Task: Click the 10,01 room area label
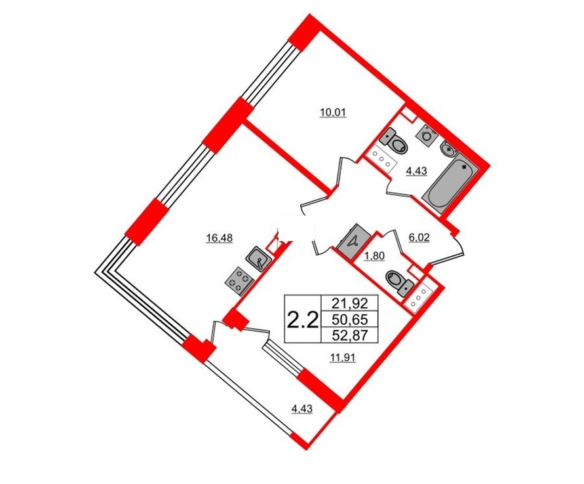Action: pyautogui.click(x=334, y=112)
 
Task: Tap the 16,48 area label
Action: pyautogui.click(x=220, y=238)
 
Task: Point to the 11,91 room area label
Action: pyautogui.click(x=343, y=358)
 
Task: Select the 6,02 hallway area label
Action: pyautogui.click(x=419, y=238)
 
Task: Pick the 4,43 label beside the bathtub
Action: pyautogui.click(x=416, y=171)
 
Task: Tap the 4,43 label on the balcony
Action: pyautogui.click(x=302, y=409)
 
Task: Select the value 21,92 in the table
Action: pyautogui.click(x=350, y=304)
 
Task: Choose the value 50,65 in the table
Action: pyautogui.click(x=350, y=320)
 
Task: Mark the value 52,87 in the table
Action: pyautogui.click(x=350, y=335)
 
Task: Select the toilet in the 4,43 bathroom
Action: pyautogui.click(x=394, y=141)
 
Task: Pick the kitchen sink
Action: pyautogui.click(x=257, y=258)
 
